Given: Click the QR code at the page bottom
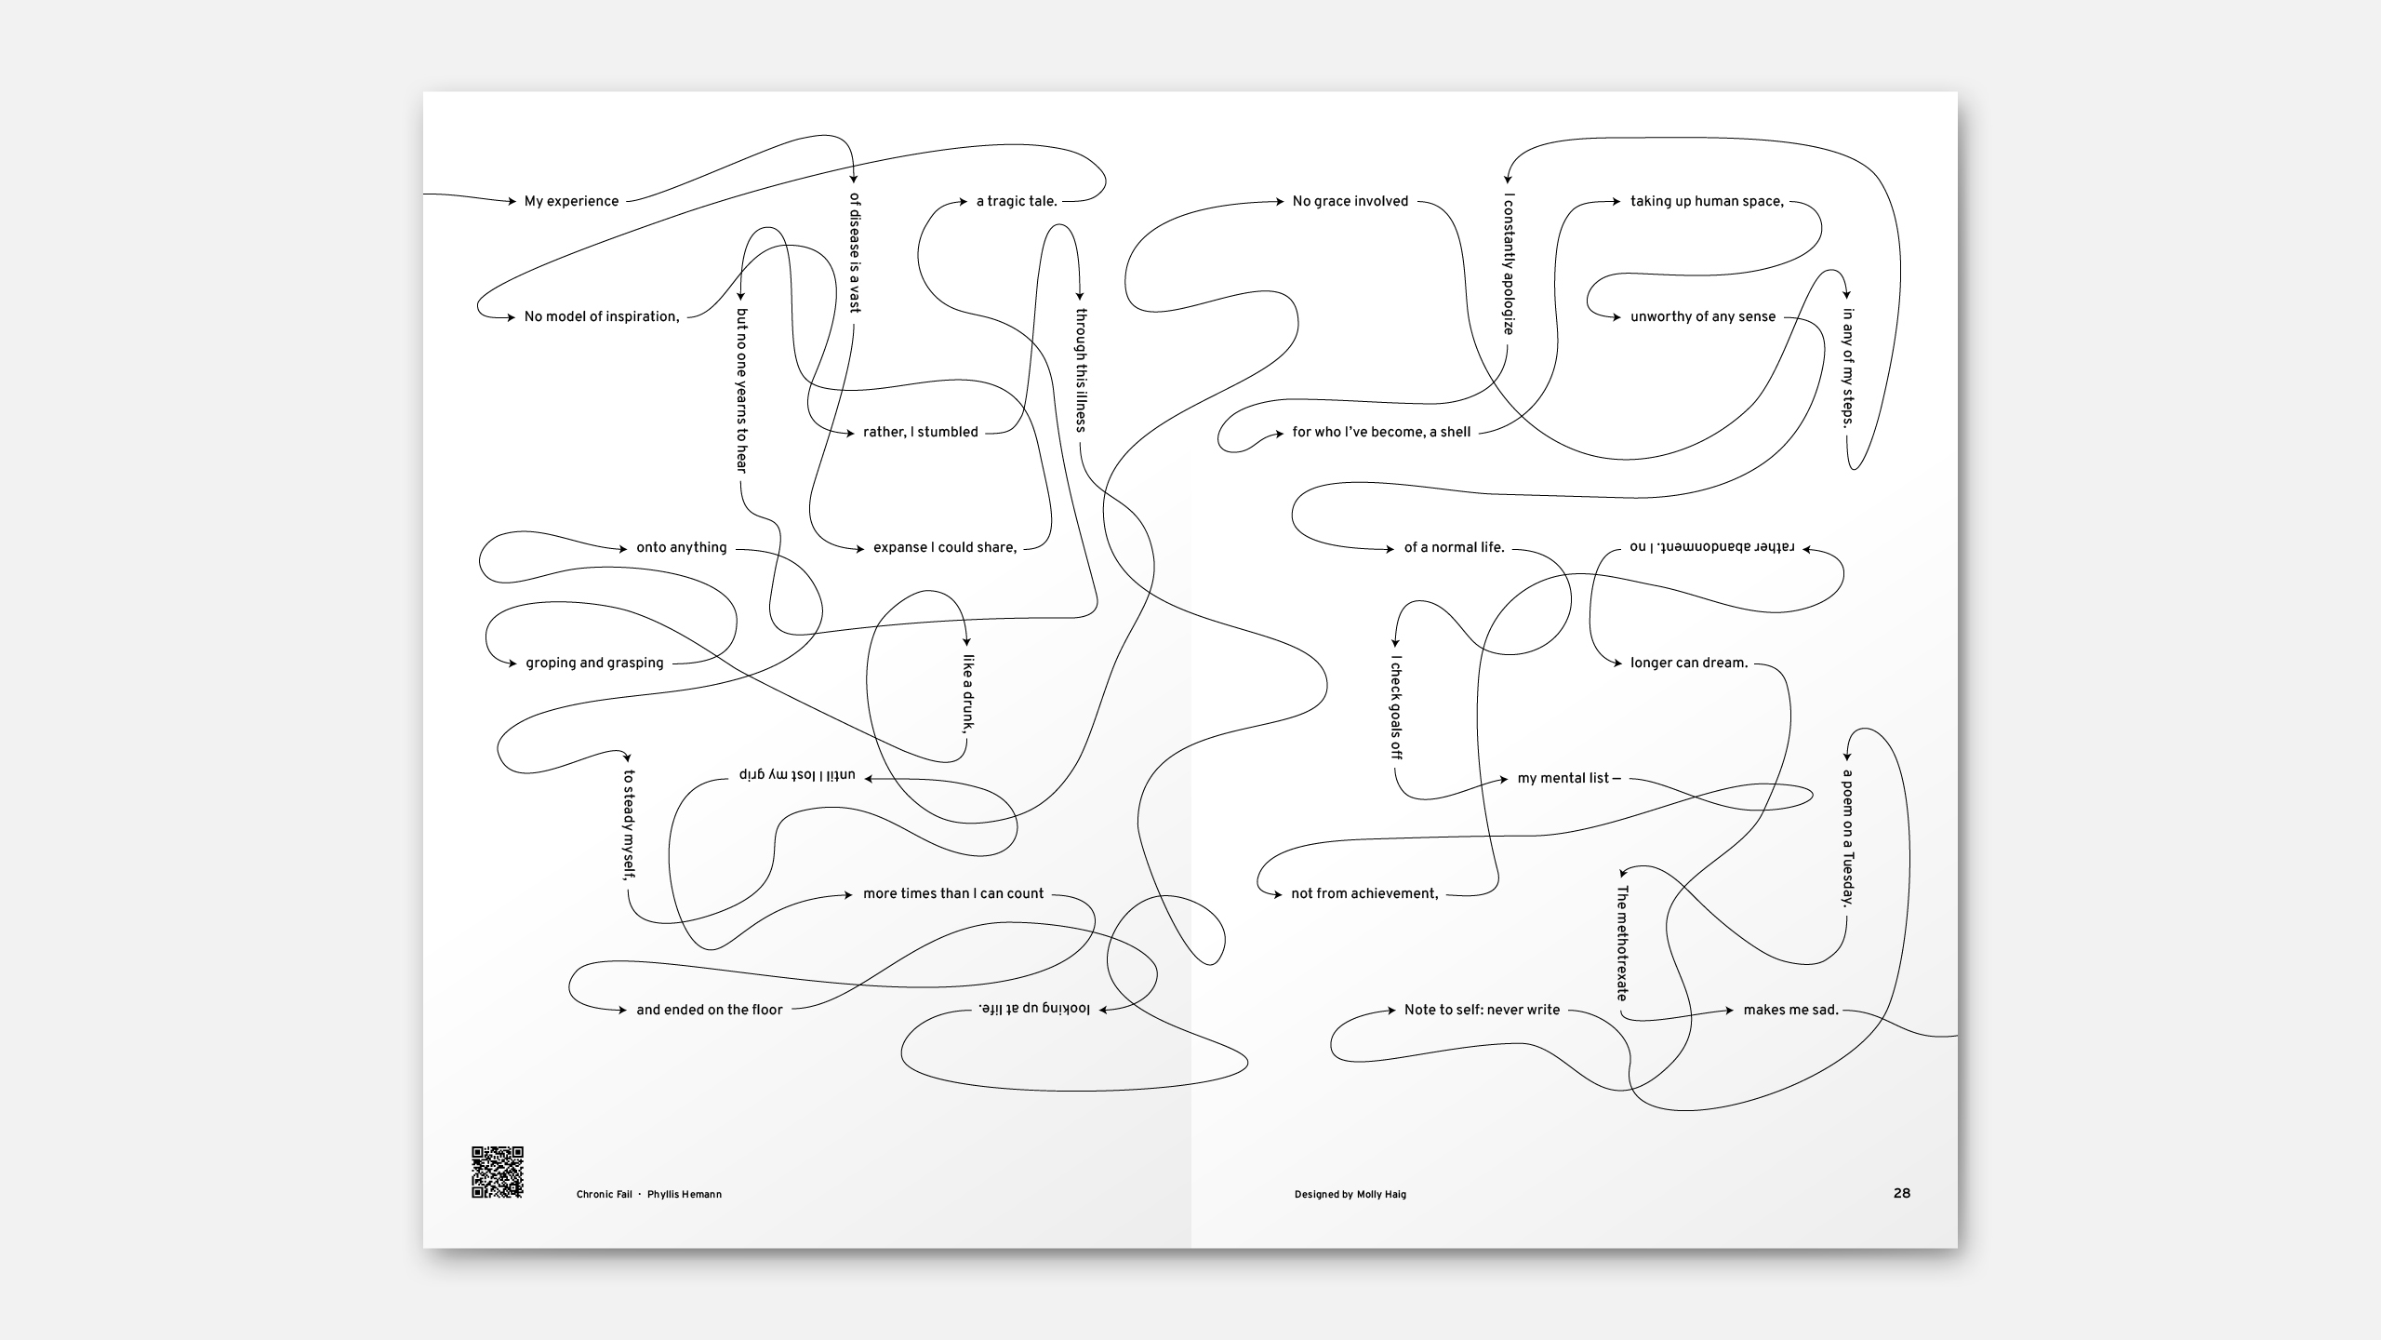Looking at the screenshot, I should coord(498,1172).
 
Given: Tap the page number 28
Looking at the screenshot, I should coord(1902,1193).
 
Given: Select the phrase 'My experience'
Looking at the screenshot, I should coord(571,201).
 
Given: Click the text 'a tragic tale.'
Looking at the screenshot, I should coord(1017,201).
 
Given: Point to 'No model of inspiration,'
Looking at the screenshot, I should coord(602,316).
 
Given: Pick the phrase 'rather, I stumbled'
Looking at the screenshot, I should coord(921,432).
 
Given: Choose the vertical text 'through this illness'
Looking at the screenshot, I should coord(1081,370).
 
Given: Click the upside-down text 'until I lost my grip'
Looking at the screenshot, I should coord(797,775).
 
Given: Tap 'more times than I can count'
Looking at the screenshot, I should coord(953,893).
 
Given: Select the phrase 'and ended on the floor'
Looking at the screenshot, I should coord(710,1010).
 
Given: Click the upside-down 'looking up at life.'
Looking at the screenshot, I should coord(1034,1009).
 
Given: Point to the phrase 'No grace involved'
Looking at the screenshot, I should coord(1350,201).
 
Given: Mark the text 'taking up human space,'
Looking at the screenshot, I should coord(1708,201).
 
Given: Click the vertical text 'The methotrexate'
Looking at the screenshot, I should coord(1622,943).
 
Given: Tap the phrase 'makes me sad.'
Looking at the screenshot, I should coord(1791,1010).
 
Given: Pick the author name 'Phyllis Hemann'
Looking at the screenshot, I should coord(685,1195).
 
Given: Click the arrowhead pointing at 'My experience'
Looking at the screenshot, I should coord(511,201).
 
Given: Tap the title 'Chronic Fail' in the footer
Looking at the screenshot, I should coord(604,1195).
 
